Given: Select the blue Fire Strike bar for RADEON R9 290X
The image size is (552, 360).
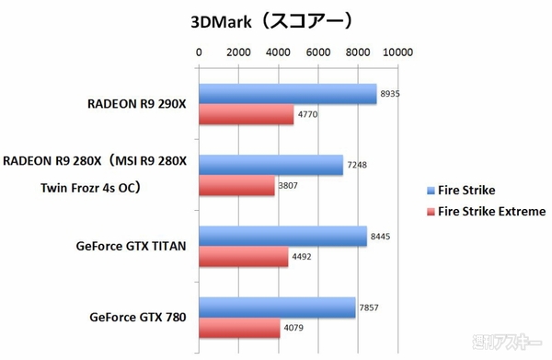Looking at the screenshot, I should coord(288,94).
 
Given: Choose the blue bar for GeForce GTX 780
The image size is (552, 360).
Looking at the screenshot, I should coord(277,308).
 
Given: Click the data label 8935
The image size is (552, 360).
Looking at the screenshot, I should coord(391,94).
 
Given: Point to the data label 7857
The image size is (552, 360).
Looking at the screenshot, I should coord(370,308).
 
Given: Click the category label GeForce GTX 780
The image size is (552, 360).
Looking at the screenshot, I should coord(138,319).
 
